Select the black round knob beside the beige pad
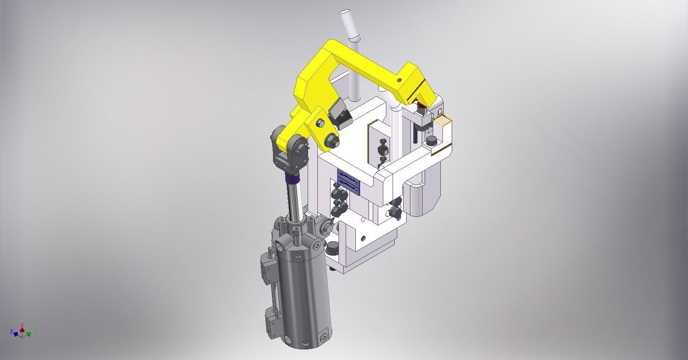[x=431, y=141]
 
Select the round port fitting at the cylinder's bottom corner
[x=324, y=336]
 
